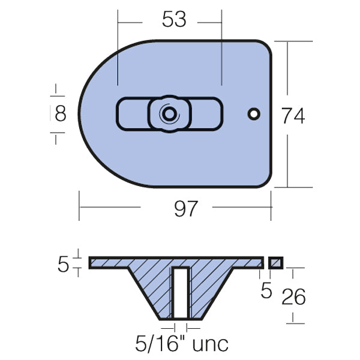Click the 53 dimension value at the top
click(x=175, y=20)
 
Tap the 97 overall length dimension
click(x=185, y=209)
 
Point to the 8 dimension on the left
click(x=60, y=113)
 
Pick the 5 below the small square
click(x=266, y=291)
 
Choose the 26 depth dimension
click(x=293, y=296)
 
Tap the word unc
click(x=208, y=344)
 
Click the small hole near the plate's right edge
click(x=254, y=113)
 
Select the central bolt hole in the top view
click(x=170, y=113)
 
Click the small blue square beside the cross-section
click(x=276, y=263)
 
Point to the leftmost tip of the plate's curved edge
click(x=79, y=113)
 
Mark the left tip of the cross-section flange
click(x=91, y=263)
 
